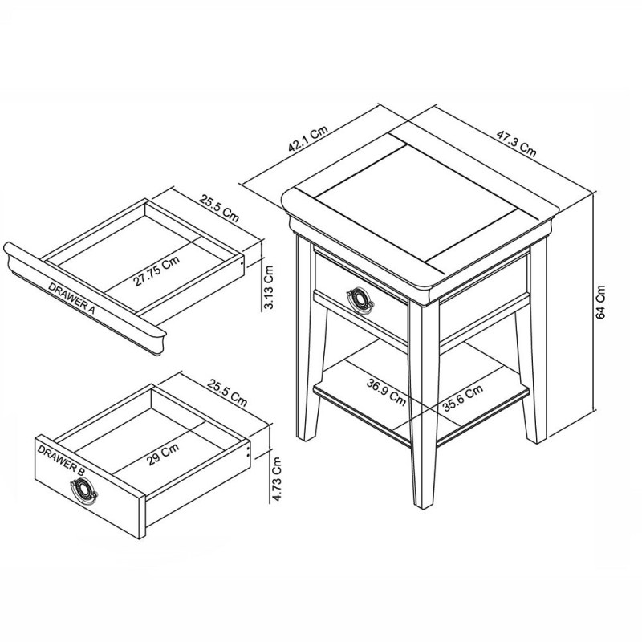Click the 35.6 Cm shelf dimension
pyautogui.click(x=462, y=399)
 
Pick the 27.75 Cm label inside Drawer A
pyautogui.click(x=156, y=270)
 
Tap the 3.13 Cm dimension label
pyautogui.click(x=270, y=288)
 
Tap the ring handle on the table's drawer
pyautogui.click(x=360, y=299)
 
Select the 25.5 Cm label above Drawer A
pyautogui.click(x=218, y=207)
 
